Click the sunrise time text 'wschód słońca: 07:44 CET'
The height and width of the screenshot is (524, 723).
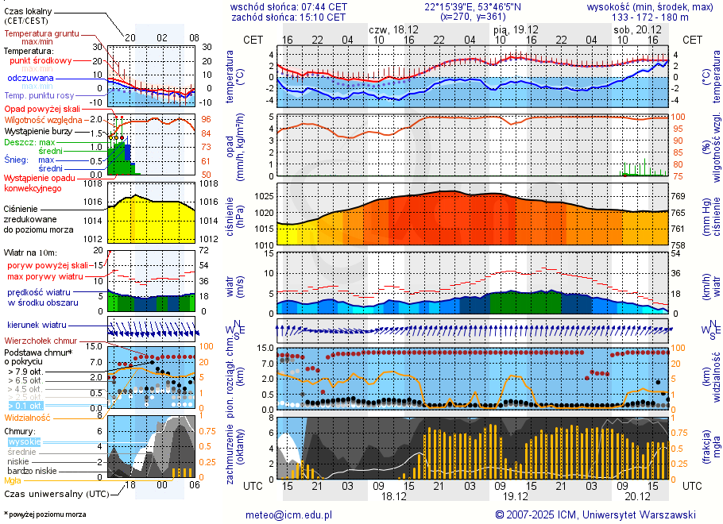pyautogui.click(x=288, y=6)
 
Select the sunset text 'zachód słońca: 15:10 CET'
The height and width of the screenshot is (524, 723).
pyautogui.click(x=288, y=17)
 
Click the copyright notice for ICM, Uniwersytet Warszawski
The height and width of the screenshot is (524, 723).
pyautogui.click(x=595, y=514)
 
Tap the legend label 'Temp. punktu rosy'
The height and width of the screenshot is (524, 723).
pyautogui.click(x=39, y=94)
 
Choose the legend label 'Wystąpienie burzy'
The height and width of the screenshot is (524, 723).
pyautogui.click(x=37, y=130)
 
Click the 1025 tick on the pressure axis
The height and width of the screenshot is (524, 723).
pyautogui.click(x=264, y=196)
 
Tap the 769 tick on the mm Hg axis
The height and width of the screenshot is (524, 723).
pyautogui.click(x=679, y=196)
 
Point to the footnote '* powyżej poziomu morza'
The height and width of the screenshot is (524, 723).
pyautogui.click(x=44, y=514)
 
